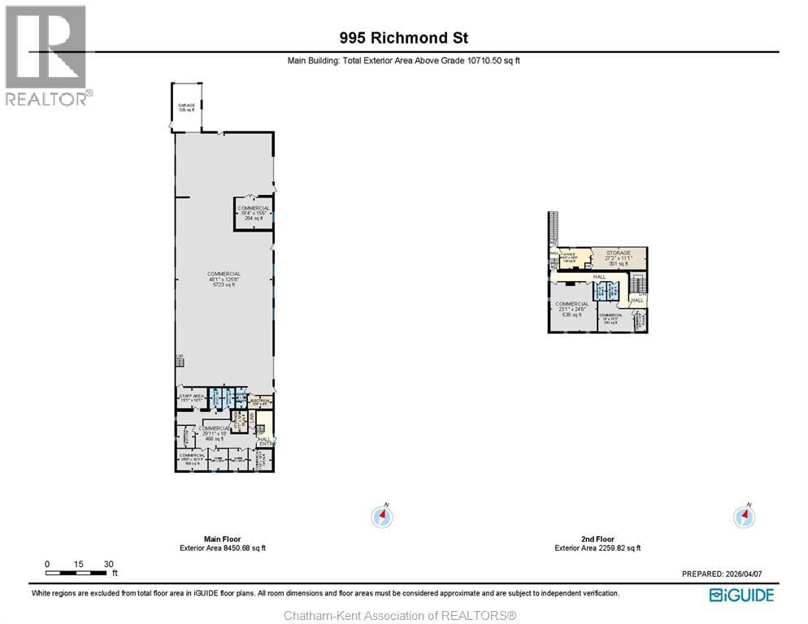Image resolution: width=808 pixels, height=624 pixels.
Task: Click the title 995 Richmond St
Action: (404, 37)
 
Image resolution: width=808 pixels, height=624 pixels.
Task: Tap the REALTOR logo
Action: (46, 56)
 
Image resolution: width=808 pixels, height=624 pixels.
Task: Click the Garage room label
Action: (186, 107)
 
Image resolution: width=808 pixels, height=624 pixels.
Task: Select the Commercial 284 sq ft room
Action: (254, 213)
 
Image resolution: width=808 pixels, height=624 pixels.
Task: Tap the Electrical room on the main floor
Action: (260, 401)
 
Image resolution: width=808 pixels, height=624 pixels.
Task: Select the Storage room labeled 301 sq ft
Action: (618, 258)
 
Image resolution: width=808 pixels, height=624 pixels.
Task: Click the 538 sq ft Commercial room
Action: (572, 310)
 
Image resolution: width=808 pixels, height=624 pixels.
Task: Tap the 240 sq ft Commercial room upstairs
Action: (610, 319)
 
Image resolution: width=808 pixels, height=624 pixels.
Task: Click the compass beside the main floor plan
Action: (382, 517)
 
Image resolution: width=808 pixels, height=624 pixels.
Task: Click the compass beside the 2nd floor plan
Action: (745, 517)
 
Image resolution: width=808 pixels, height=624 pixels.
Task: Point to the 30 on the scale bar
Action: (108, 564)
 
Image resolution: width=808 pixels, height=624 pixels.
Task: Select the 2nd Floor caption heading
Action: (597, 539)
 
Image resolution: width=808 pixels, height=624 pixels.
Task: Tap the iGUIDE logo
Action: (741, 596)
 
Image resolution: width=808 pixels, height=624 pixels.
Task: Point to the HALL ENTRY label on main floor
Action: (265, 441)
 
